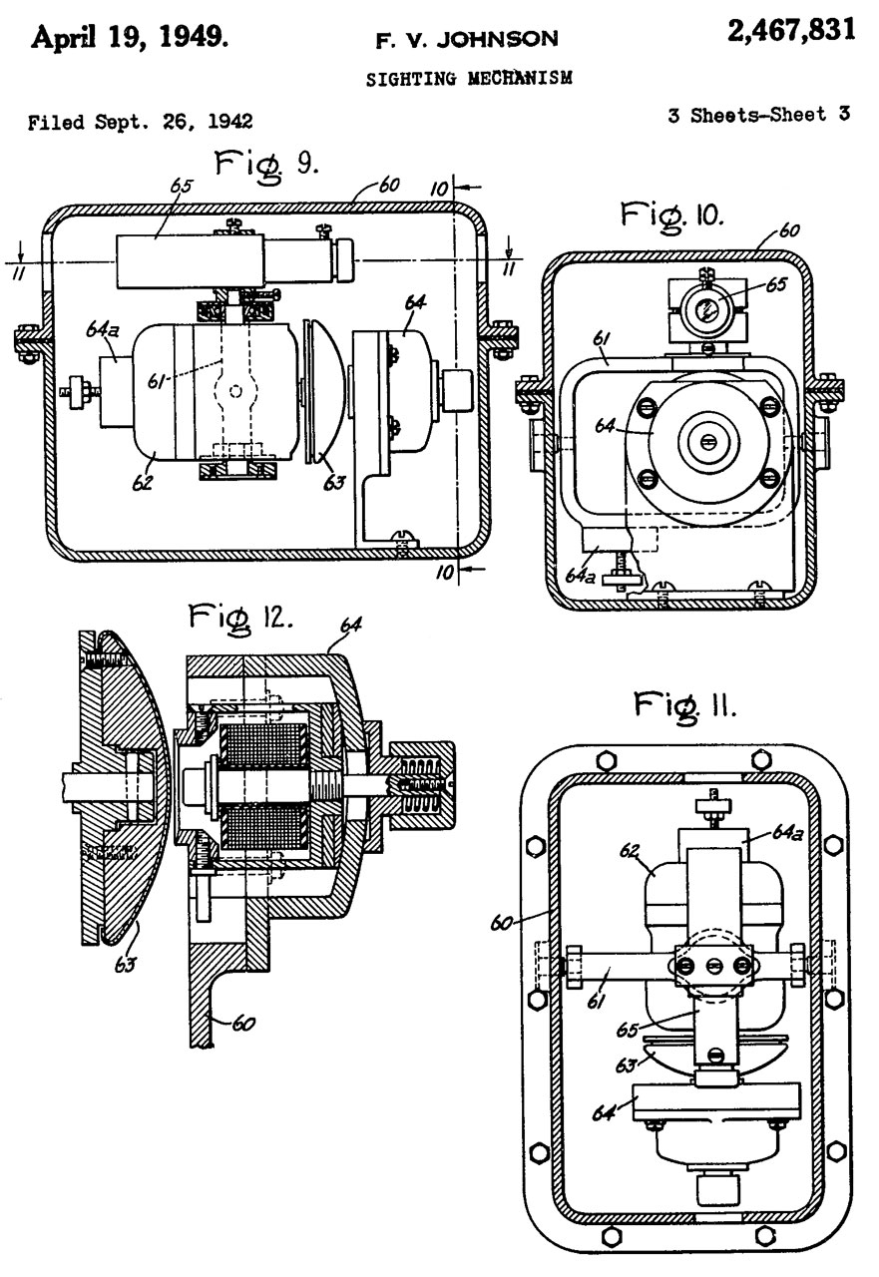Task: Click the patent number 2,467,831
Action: click(x=791, y=30)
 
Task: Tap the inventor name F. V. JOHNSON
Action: click(x=467, y=39)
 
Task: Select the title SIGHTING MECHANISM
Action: click(x=469, y=78)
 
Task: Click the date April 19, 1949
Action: click(x=130, y=39)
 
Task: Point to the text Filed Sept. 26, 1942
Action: click(x=141, y=122)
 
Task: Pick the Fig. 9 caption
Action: click(x=265, y=166)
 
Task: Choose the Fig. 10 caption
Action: click(x=671, y=216)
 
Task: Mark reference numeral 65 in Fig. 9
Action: click(x=182, y=187)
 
